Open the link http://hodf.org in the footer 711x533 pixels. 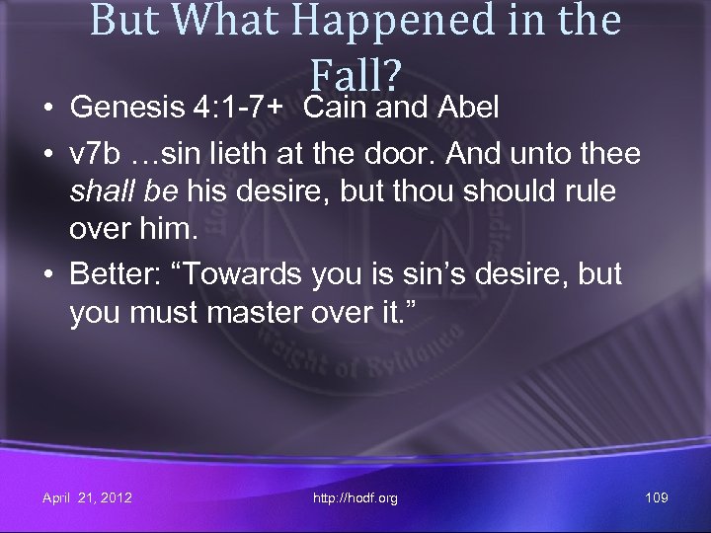(355, 498)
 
